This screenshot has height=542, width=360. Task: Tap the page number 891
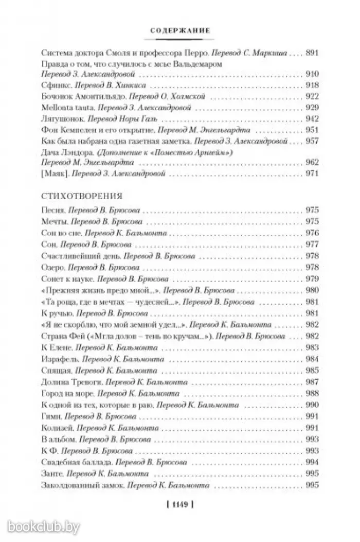312,53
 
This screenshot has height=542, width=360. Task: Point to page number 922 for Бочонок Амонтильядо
312,96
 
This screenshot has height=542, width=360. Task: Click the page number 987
312,381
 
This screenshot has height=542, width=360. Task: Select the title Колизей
56,428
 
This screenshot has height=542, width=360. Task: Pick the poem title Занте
51,473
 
